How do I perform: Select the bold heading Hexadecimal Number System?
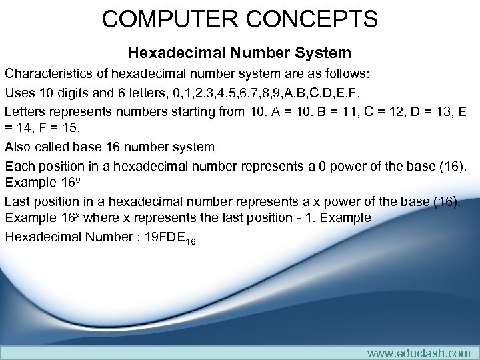tap(239, 52)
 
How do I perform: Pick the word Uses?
tap(19, 92)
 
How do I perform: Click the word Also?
tap(19, 147)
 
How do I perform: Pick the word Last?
tap(18, 202)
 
